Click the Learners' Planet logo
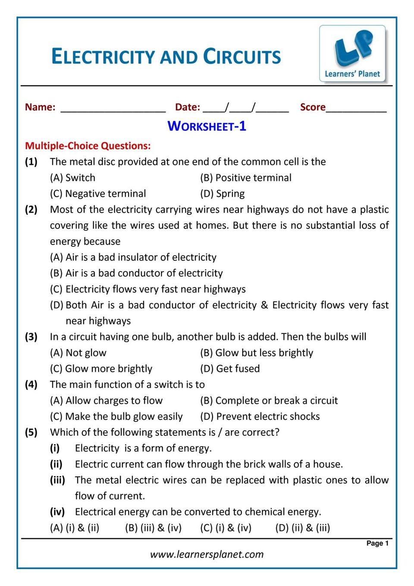point(352,54)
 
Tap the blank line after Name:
point(113,108)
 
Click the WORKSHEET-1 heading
point(207,126)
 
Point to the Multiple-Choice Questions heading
point(88,146)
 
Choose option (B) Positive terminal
point(246,178)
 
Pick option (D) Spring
point(223,194)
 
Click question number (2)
point(31,210)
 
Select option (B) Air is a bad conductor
point(136,273)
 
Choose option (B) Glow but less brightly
point(257,353)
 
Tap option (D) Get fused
point(230,369)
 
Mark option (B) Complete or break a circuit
point(269,401)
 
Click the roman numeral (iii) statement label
point(57,480)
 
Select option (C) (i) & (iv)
point(226,528)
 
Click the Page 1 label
point(377,543)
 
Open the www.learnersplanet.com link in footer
point(207,554)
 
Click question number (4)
point(31,385)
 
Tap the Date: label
point(188,107)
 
